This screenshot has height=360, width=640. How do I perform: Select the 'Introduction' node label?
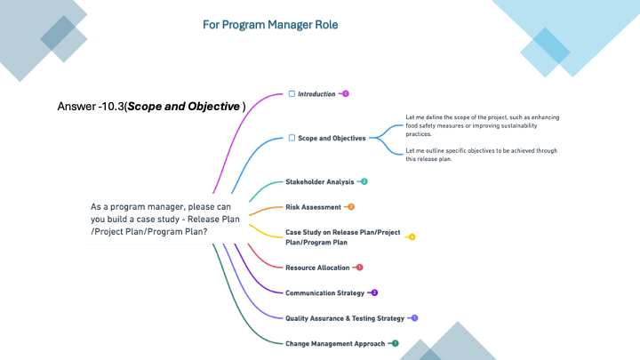click(x=316, y=93)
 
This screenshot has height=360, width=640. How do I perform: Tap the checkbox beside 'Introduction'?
click(x=291, y=93)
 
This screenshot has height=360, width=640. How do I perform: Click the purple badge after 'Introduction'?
click(x=346, y=93)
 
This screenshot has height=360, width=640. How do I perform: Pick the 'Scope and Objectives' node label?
click(x=332, y=138)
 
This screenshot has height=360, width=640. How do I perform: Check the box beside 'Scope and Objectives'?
click(x=291, y=138)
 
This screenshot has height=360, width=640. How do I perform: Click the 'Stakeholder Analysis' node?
click(x=319, y=181)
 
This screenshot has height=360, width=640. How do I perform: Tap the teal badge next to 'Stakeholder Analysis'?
click(x=364, y=181)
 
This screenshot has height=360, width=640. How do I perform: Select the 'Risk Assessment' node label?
click(x=313, y=207)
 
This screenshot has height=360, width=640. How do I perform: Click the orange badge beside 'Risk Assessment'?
click(x=351, y=207)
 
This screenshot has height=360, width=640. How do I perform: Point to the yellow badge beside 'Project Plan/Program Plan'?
click(x=412, y=237)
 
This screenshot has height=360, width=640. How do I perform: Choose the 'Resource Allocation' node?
click(x=317, y=268)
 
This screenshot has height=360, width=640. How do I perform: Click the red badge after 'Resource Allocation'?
click(x=360, y=268)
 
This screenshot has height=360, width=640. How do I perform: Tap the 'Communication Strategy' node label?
click(x=324, y=292)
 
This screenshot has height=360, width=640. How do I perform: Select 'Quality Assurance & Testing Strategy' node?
click(x=345, y=318)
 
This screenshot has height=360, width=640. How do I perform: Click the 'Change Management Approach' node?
click(x=335, y=343)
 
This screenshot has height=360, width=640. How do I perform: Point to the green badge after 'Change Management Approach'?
click(x=396, y=343)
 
